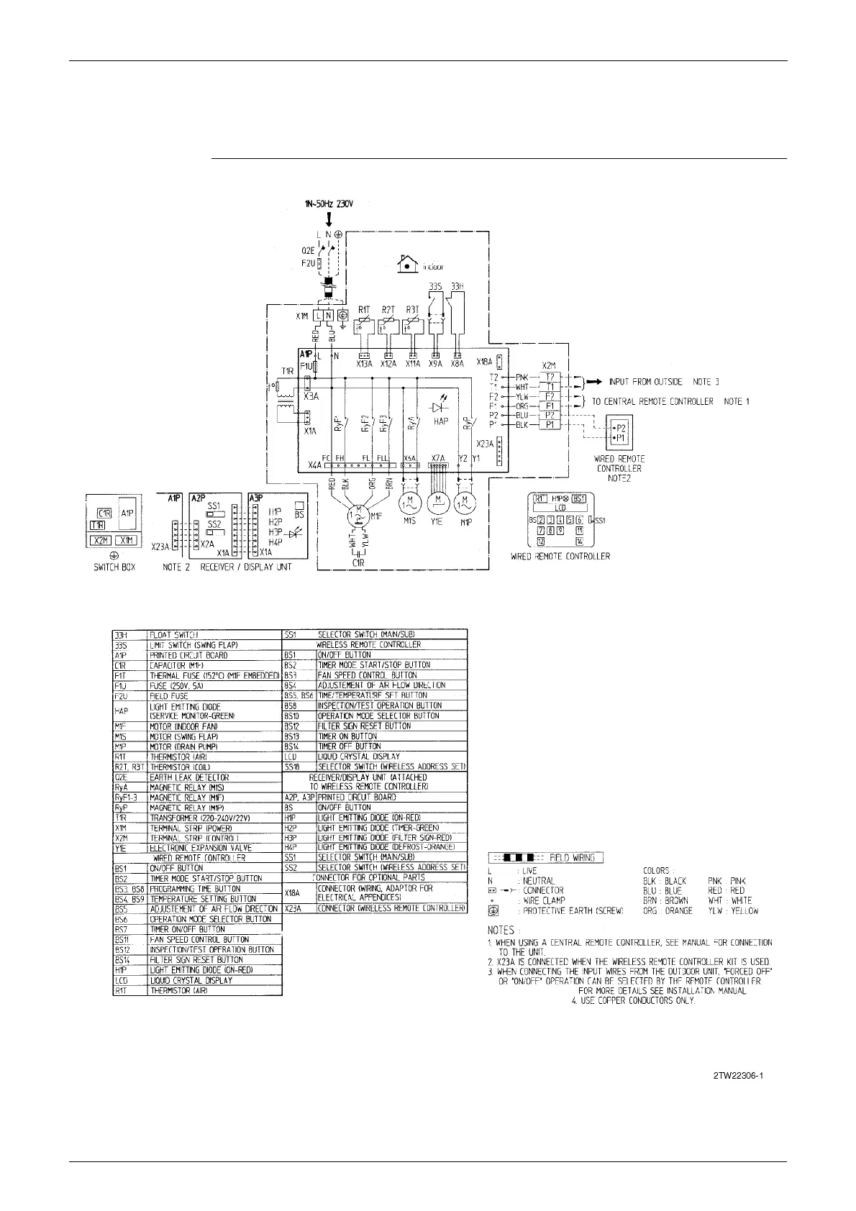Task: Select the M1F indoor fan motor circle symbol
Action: (358, 514)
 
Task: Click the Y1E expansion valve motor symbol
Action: (437, 501)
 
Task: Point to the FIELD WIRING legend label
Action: (573, 858)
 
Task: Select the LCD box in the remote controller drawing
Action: (559, 508)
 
